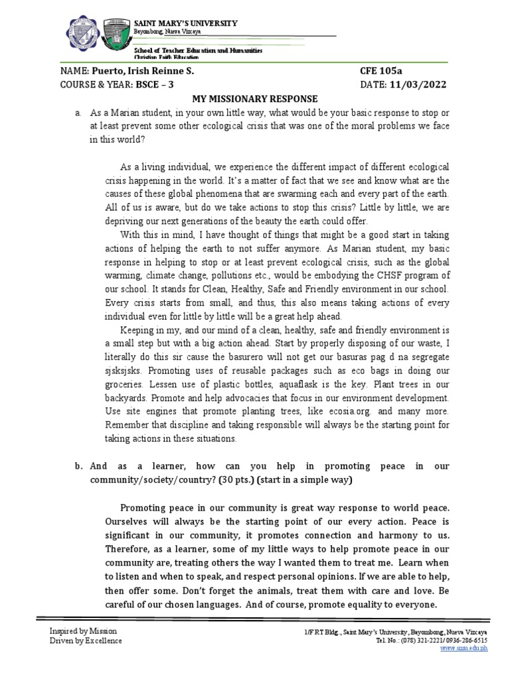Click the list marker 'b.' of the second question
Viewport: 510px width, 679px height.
pos(78,466)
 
